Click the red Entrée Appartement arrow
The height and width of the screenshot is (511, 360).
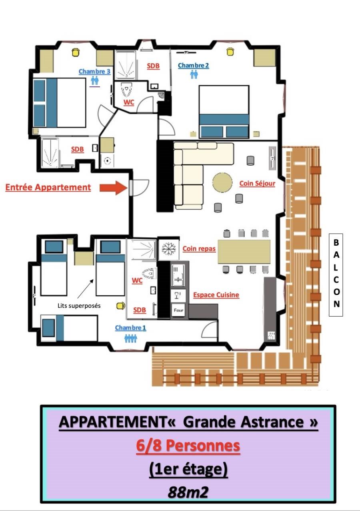113,188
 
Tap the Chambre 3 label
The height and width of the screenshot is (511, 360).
94,71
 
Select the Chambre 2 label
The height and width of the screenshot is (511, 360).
193,66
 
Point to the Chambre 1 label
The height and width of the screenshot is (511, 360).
130,328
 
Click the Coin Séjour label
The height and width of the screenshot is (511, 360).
257,183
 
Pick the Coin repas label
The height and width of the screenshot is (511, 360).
199,248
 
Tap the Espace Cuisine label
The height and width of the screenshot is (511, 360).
216,295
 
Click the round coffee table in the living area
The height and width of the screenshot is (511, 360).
222,182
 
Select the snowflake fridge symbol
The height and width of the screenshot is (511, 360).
169,248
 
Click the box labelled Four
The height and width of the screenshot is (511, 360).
178,310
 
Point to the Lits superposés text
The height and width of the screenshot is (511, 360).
79,306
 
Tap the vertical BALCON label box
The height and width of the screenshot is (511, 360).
336,275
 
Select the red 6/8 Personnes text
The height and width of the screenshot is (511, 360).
188,445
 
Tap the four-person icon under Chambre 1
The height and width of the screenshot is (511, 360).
131,338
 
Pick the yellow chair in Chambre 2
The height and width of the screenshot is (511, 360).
230,52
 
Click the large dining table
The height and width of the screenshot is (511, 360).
244,252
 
